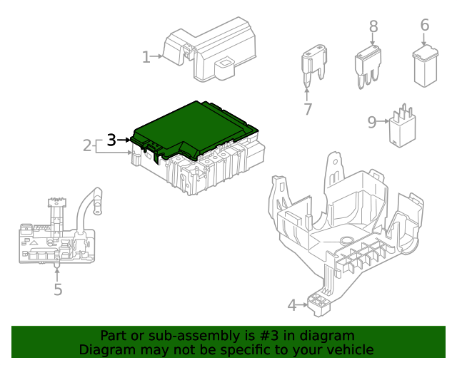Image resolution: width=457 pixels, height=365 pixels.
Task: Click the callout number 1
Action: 146,57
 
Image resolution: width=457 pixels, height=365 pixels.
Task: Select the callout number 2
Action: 87,146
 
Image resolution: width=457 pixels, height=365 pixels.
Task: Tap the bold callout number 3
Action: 111,140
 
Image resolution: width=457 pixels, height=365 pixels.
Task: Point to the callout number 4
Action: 291,306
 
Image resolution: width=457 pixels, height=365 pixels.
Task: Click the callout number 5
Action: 58,290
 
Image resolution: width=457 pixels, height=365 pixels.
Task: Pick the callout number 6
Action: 424,25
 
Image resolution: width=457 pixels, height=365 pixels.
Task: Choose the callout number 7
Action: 308,109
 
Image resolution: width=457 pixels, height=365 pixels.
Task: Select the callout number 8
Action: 373,26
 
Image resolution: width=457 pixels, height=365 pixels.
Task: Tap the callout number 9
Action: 371,122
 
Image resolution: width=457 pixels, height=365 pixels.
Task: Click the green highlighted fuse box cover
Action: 189,128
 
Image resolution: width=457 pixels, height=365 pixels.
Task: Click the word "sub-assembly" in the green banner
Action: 181,336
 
